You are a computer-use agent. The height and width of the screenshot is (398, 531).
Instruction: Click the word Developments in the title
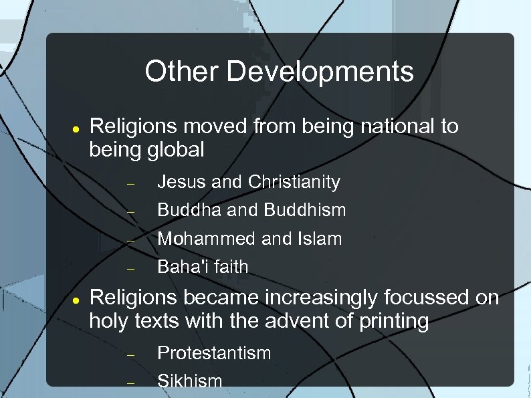[320, 72]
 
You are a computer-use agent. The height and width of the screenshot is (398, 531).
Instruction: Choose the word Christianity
[294, 182]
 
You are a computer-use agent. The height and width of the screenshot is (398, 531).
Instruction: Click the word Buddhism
[305, 210]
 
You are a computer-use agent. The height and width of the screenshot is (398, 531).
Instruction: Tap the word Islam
[321, 239]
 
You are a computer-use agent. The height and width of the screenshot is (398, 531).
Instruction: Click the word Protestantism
[214, 353]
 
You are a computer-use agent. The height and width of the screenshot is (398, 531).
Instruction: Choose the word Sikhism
[189, 381]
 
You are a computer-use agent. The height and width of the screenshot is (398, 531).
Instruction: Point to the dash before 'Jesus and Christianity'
[131, 183]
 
